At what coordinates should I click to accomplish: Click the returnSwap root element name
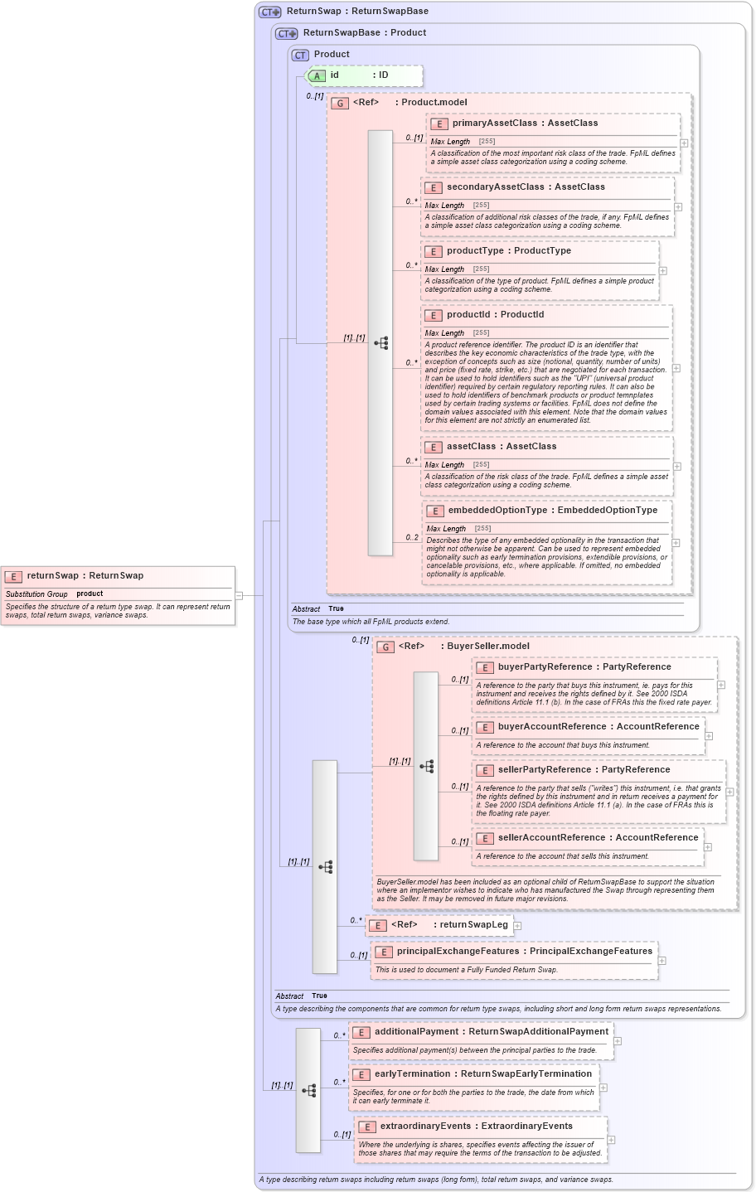coord(52,576)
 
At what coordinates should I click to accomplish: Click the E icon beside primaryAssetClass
coord(439,124)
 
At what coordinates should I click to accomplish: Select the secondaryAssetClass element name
coord(495,187)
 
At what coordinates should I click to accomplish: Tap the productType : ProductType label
coord(508,251)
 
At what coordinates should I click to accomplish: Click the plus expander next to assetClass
coord(676,467)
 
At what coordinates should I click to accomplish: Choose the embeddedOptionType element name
coord(497,511)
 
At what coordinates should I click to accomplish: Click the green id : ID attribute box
coord(365,75)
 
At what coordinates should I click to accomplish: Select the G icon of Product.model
coord(339,104)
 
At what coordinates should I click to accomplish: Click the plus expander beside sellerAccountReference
coord(708,847)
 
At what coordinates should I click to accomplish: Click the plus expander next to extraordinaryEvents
coord(612,1141)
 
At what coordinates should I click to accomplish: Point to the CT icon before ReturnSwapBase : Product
coord(287,34)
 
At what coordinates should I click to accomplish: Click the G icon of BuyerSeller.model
coord(385,647)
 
